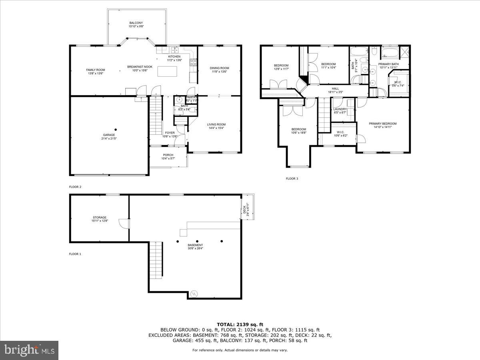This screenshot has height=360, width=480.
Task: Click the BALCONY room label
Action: click(x=136, y=23)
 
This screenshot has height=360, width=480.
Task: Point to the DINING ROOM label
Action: click(x=220, y=68)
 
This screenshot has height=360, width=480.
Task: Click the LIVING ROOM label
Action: click(x=216, y=124)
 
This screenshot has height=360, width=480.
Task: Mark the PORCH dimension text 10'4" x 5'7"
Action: click(x=168, y=159)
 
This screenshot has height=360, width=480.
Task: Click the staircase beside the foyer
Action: click(x=156, y=116)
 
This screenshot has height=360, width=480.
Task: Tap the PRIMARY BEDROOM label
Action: click(x=382, y=124)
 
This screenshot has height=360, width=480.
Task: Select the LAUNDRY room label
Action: click(x=340, y=109)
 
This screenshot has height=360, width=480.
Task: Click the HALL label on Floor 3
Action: click(x=335, y=89)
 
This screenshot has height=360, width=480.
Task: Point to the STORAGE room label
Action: click(x=100, y=218)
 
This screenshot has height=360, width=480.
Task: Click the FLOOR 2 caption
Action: click(x=75, y=187)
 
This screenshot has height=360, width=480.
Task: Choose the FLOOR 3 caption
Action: click(x=292, y=179)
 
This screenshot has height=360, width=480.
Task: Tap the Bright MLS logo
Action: click(x=29, y=350)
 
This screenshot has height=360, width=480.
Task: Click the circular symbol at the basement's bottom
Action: click(x=194, y=293)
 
